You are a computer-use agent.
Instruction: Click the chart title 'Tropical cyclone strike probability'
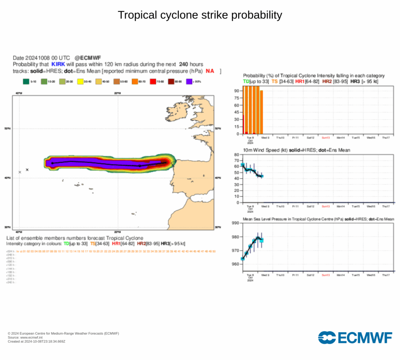200,15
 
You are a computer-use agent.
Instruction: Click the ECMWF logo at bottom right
355,337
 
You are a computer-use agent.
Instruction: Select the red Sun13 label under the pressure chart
326,275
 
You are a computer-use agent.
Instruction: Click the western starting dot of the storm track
52,163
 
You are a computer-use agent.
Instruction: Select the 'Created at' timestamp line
37,341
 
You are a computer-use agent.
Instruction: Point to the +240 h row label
11,282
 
